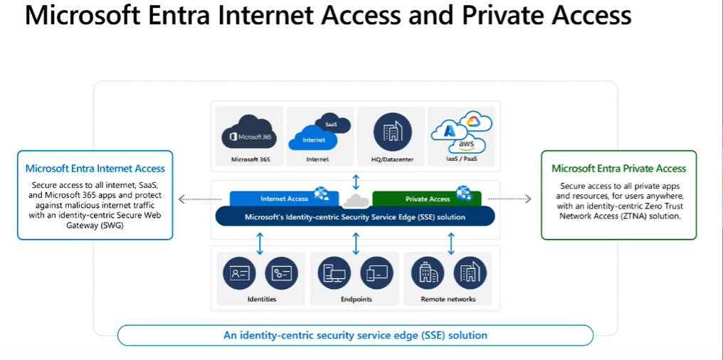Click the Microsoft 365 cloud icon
click(248, 132)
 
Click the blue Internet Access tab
click(284, 198)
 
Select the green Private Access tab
click(428, 198)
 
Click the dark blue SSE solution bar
click(354, 216)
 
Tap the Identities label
click(261, 300)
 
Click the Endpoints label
click(356, 300)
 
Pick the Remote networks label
click(448, 300)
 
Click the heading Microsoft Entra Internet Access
click(95, 169)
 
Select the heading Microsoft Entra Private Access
click(618, 169)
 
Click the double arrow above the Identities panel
click(260, 243)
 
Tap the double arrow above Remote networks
click(451, 243)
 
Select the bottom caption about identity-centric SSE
click(355, 334)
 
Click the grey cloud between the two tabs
click(355, 201)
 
